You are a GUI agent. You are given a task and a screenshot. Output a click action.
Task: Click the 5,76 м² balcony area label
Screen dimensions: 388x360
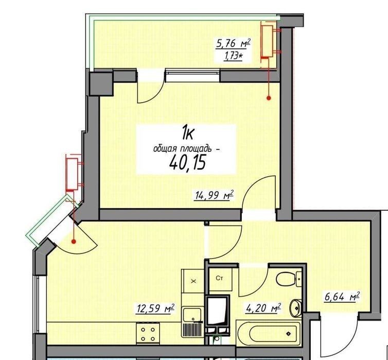233,44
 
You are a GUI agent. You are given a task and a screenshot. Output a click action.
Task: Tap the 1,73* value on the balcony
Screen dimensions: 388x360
233,57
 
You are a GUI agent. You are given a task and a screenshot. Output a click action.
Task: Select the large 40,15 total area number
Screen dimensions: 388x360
187,163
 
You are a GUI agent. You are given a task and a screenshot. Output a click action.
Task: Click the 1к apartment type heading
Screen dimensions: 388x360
188,133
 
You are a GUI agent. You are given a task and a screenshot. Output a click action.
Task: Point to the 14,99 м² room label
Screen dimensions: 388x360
214,195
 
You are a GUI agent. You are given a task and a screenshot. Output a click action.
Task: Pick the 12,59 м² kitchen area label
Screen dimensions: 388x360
155,308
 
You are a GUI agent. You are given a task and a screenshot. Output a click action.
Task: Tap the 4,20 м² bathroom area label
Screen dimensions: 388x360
263,308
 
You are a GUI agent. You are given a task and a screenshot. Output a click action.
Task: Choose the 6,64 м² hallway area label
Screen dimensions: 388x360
342,297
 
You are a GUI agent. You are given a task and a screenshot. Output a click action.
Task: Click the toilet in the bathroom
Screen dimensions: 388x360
289,279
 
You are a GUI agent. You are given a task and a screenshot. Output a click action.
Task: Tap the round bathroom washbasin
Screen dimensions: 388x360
296,307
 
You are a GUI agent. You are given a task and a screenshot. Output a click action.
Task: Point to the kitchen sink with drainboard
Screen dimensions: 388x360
192,322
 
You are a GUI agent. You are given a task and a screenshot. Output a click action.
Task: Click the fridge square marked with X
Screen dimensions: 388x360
193,281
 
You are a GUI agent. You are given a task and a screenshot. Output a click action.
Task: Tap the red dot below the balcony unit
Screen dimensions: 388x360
269,98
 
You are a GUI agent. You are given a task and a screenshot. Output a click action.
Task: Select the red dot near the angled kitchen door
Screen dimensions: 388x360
74,241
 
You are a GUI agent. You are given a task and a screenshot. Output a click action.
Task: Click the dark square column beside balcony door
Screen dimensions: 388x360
101,83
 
